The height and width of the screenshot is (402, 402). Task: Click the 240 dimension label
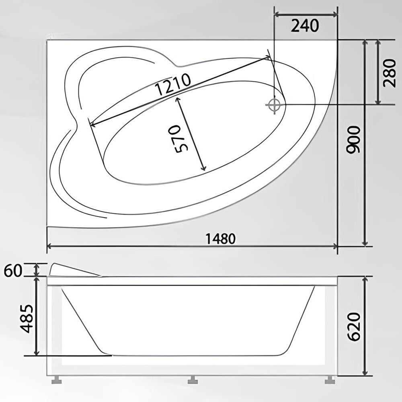pos(305,26)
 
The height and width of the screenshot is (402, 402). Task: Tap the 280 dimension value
pos(389,73)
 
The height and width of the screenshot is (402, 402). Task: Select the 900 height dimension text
pos(353,140)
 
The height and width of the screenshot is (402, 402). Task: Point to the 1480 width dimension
pos(220,239)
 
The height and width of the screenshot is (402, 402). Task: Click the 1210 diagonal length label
pos(173,84)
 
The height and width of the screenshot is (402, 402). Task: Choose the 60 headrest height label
pos(13,271)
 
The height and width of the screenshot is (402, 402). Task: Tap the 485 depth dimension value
pos(27,318)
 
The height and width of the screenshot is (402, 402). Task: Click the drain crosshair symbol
pos(275,105)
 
